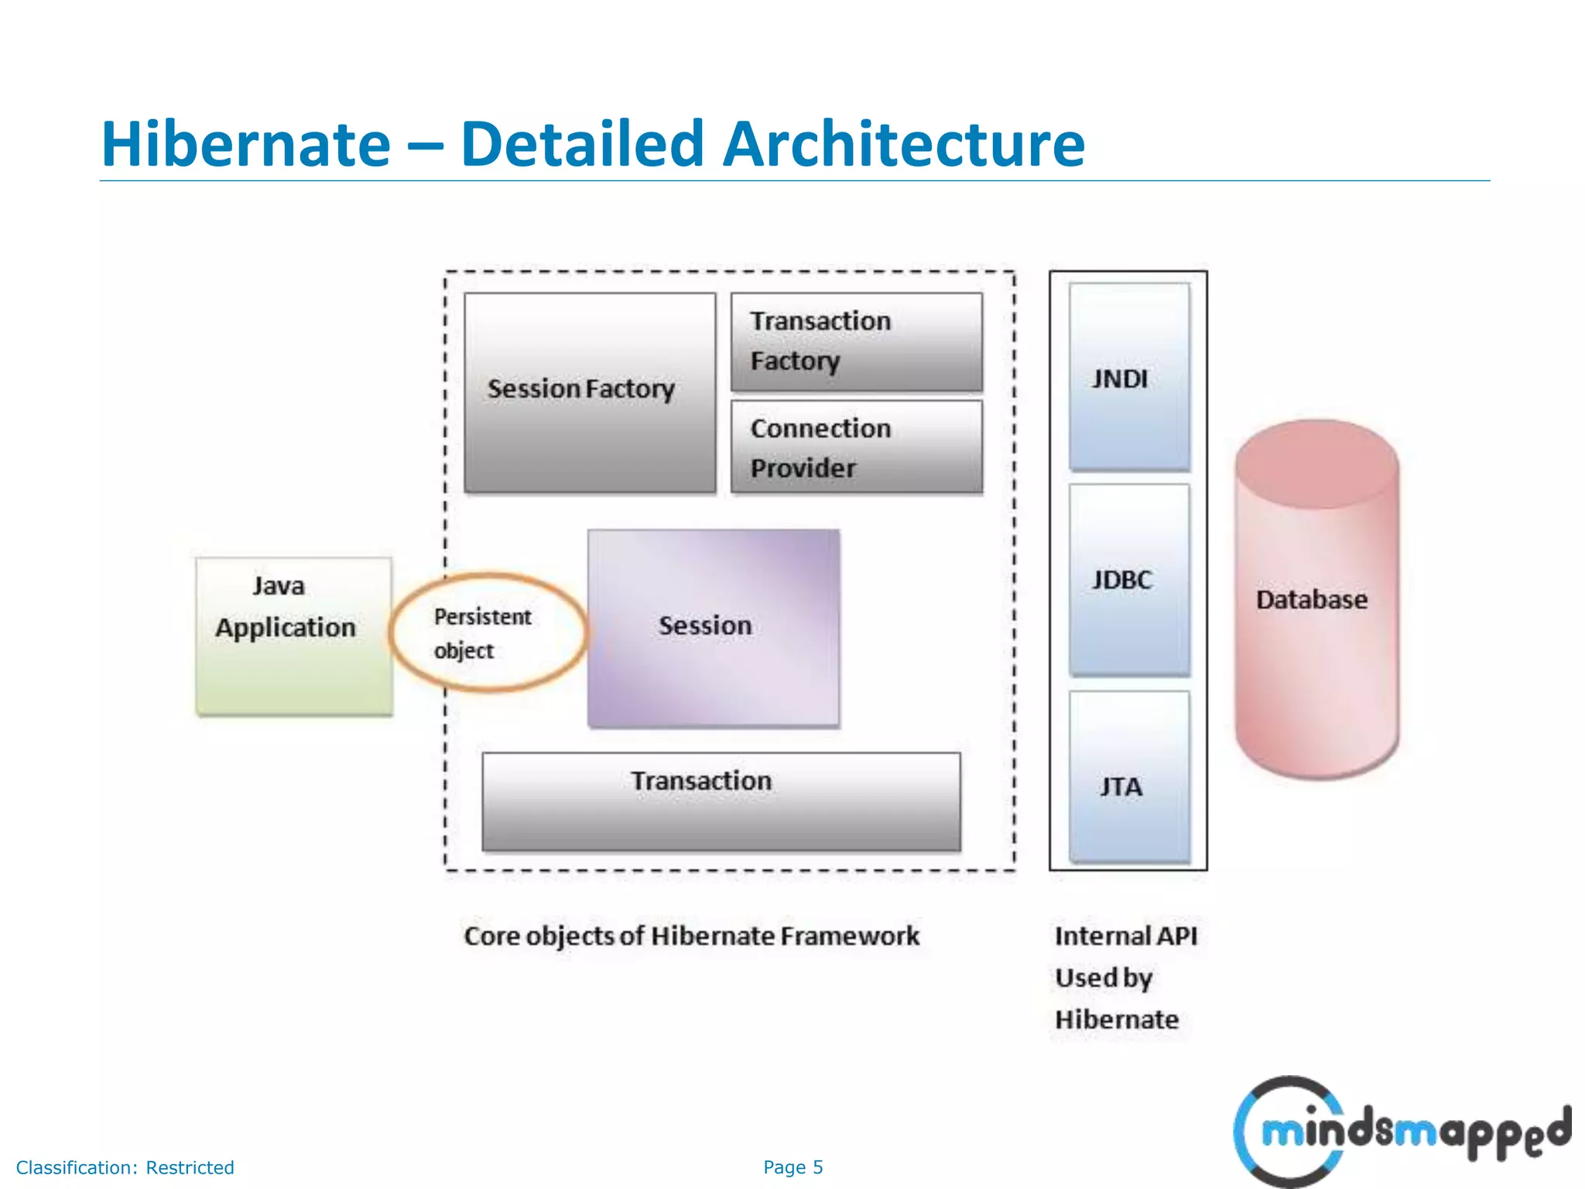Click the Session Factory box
(x=590, y=392)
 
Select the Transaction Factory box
(x=856, y=341)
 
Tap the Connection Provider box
(x=856, y=447)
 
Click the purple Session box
(x=713, y=627)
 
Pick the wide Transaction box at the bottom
(x=721, y=801)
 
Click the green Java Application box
(x=293, y=636)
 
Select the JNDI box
(x=1128, y=378)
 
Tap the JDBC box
(x=1128, y=580)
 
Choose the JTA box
(x=1128, y=777)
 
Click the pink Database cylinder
(x=1316, y=600)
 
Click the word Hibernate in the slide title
(x=246, y=145)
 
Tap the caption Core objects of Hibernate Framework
(x=691, y=936)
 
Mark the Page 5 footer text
(x=792, y=1167)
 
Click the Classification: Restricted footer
(x=125, y=1167)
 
